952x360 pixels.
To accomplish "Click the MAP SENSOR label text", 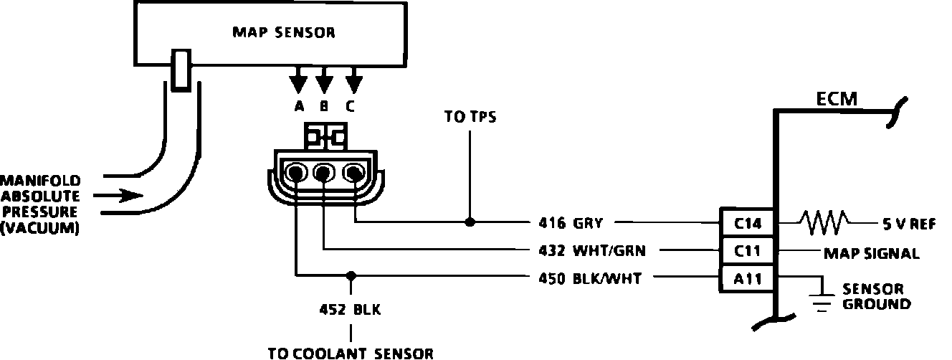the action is click(x=284, y=32).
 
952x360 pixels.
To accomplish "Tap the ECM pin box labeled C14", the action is click(x=747, y=223).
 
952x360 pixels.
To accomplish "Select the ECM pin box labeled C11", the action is click(x=747, y=250).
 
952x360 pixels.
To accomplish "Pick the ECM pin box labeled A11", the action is click(x=747, y=278).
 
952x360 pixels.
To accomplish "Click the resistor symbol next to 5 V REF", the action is click(x=824, y=222).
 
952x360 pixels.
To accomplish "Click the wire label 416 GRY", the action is click(x=571, y=223).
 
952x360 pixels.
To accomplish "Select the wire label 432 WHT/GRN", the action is click(x=592, y=251).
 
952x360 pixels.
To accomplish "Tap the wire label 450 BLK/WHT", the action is click(x=590, y=278).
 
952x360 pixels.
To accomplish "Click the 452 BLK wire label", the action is click(x=351, y=309).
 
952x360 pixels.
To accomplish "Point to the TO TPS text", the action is click(x=470, y=116).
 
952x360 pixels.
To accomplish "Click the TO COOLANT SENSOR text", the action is click(x=351, y=354).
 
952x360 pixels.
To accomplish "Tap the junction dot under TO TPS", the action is click(x=470, y=222).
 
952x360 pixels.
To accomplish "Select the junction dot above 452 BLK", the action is click(x=351, y=276).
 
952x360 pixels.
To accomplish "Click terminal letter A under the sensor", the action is click(x=299, y=106).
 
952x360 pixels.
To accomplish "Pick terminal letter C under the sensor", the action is click(x=351, y=106).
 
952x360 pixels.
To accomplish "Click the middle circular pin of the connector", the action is click(x=323, y=173).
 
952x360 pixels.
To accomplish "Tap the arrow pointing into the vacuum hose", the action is click(x=118, y=196).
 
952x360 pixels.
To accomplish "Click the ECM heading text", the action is click(x=837, y=99).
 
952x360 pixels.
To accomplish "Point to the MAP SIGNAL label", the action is click(x=871, y=253).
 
